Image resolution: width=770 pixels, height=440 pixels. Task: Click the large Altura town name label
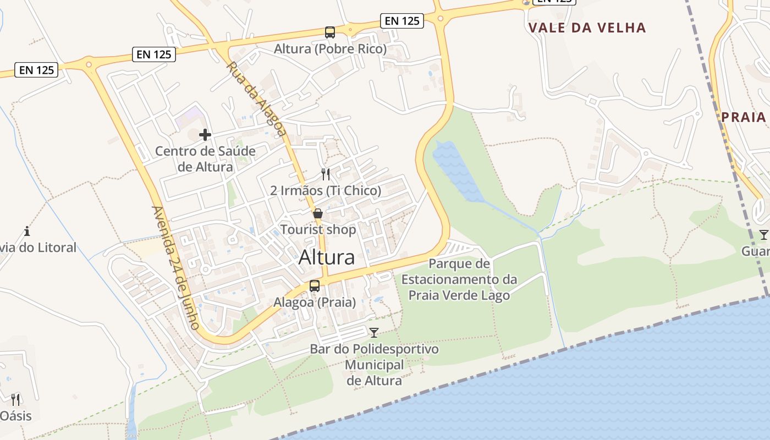pyautogui.click(x=327, y=257)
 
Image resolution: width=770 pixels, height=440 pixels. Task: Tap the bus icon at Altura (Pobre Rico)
pyautogui.click(x=330, y=32)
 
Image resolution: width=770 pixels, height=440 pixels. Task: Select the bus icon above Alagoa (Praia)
pyautogui.click(x=315, y=286)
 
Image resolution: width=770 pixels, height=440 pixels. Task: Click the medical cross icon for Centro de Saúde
pyautogui.click(x=205, y=135)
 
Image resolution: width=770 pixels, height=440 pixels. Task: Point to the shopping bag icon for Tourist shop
pyautogui.click(x=318, y=213)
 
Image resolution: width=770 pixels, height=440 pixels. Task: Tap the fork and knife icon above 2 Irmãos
pyautogui.click(x=326, y=174)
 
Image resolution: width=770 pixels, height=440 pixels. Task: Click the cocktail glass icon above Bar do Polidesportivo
pyautogui.click(x=374, y=332)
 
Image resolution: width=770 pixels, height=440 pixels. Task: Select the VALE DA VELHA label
pyautogui.click(x=587, y=28)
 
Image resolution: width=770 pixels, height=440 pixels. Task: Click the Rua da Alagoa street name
pyautogui.click(x=257, y=99)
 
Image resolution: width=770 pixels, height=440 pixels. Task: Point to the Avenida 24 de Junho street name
pyautogui.click(x=176, y=268)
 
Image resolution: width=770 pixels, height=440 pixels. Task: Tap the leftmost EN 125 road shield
pyautogui.click(x=37, y=70)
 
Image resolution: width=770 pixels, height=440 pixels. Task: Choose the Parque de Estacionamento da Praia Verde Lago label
pyautogui.click(x=459, y=279)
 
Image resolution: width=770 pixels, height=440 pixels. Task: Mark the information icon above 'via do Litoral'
pyautogui.click(x=27, y=231)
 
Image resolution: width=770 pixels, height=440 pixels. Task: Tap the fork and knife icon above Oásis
pyautogui.click(x=15, y=399)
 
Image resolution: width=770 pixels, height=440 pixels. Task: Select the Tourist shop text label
pyautogui.click(x=318, y=229)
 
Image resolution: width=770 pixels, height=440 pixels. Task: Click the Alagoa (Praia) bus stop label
pyautogui.click(x=315, y=302)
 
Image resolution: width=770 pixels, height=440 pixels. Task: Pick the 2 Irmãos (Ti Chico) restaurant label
pyautogui.click(x=326, y=191)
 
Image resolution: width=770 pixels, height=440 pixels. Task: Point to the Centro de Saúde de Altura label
pyautogui.click(x=205, y=158)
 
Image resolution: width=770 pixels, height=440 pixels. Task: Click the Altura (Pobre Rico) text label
pyautogui.click(x=330, y=49)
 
